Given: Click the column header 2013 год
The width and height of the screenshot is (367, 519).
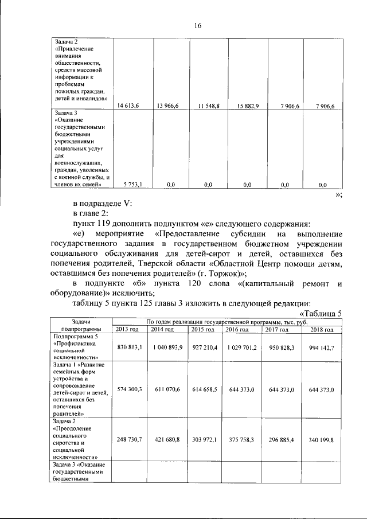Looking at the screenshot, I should (x=127, y=329).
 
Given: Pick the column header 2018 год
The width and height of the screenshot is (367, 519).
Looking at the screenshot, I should (x=321, y=329).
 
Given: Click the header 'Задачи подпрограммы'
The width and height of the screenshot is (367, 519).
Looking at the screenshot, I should (x=81, y=326).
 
